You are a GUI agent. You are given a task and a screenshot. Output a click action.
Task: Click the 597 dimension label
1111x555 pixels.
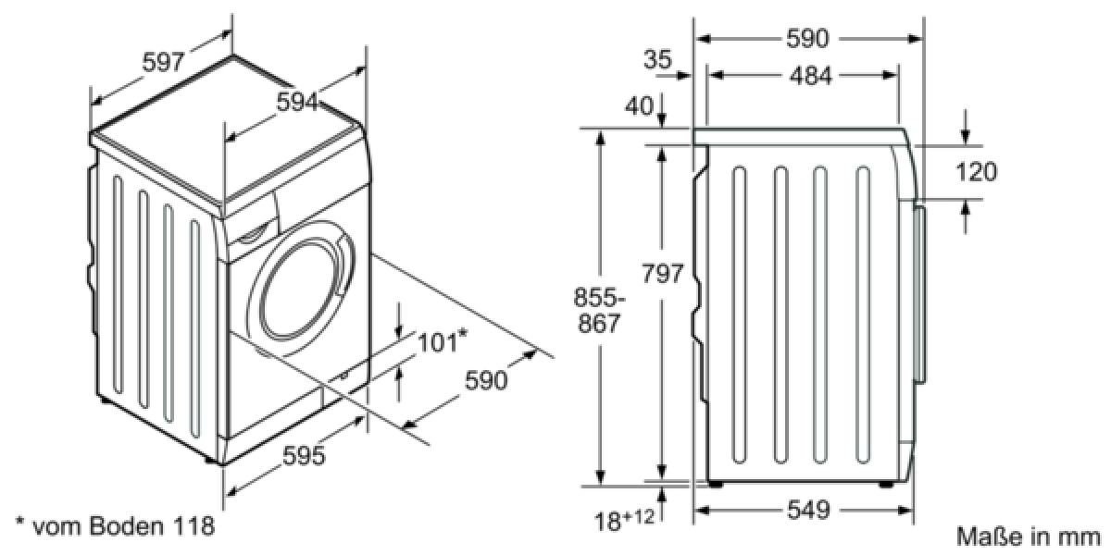(163, 62)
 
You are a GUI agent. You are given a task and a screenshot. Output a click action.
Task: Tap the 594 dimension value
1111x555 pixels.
(297, 103)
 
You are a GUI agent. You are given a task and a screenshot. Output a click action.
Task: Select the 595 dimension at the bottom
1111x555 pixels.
(304, 455)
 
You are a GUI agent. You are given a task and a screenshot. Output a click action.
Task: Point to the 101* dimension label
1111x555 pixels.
(442, 341)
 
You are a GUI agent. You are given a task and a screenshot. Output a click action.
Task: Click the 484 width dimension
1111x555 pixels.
(810, 76)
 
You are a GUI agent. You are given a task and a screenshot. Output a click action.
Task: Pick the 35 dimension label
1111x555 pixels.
(657, 59)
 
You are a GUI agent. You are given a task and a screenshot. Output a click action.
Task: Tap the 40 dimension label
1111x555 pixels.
(639, 105)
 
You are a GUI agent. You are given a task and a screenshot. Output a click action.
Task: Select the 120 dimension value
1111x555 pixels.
(976, 172)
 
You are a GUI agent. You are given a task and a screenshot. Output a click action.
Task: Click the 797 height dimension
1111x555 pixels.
(662, 273)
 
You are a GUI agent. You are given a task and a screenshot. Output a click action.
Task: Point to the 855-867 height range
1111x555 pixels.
(599, 310)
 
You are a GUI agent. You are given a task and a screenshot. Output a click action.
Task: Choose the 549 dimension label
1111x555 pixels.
(808, 510)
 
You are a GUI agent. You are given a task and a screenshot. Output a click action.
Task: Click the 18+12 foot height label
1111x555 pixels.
(624, 520)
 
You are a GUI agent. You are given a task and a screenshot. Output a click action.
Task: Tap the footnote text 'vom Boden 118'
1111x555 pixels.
(123, 525)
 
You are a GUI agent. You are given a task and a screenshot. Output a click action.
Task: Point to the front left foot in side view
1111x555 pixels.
(715, 484)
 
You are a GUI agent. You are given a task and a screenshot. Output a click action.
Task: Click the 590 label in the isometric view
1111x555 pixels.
(485, 380)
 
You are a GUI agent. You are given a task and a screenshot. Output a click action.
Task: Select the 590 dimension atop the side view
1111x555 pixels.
(807, 38)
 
